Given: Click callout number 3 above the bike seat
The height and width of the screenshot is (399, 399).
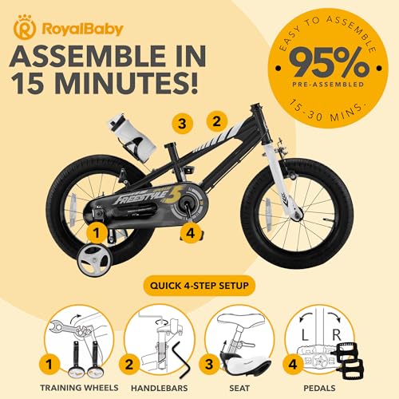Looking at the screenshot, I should tap(183, 124).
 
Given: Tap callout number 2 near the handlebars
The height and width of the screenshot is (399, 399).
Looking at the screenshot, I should tap(214, 122).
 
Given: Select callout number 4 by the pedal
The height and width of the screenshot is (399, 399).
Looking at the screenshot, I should tap(190, 234).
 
